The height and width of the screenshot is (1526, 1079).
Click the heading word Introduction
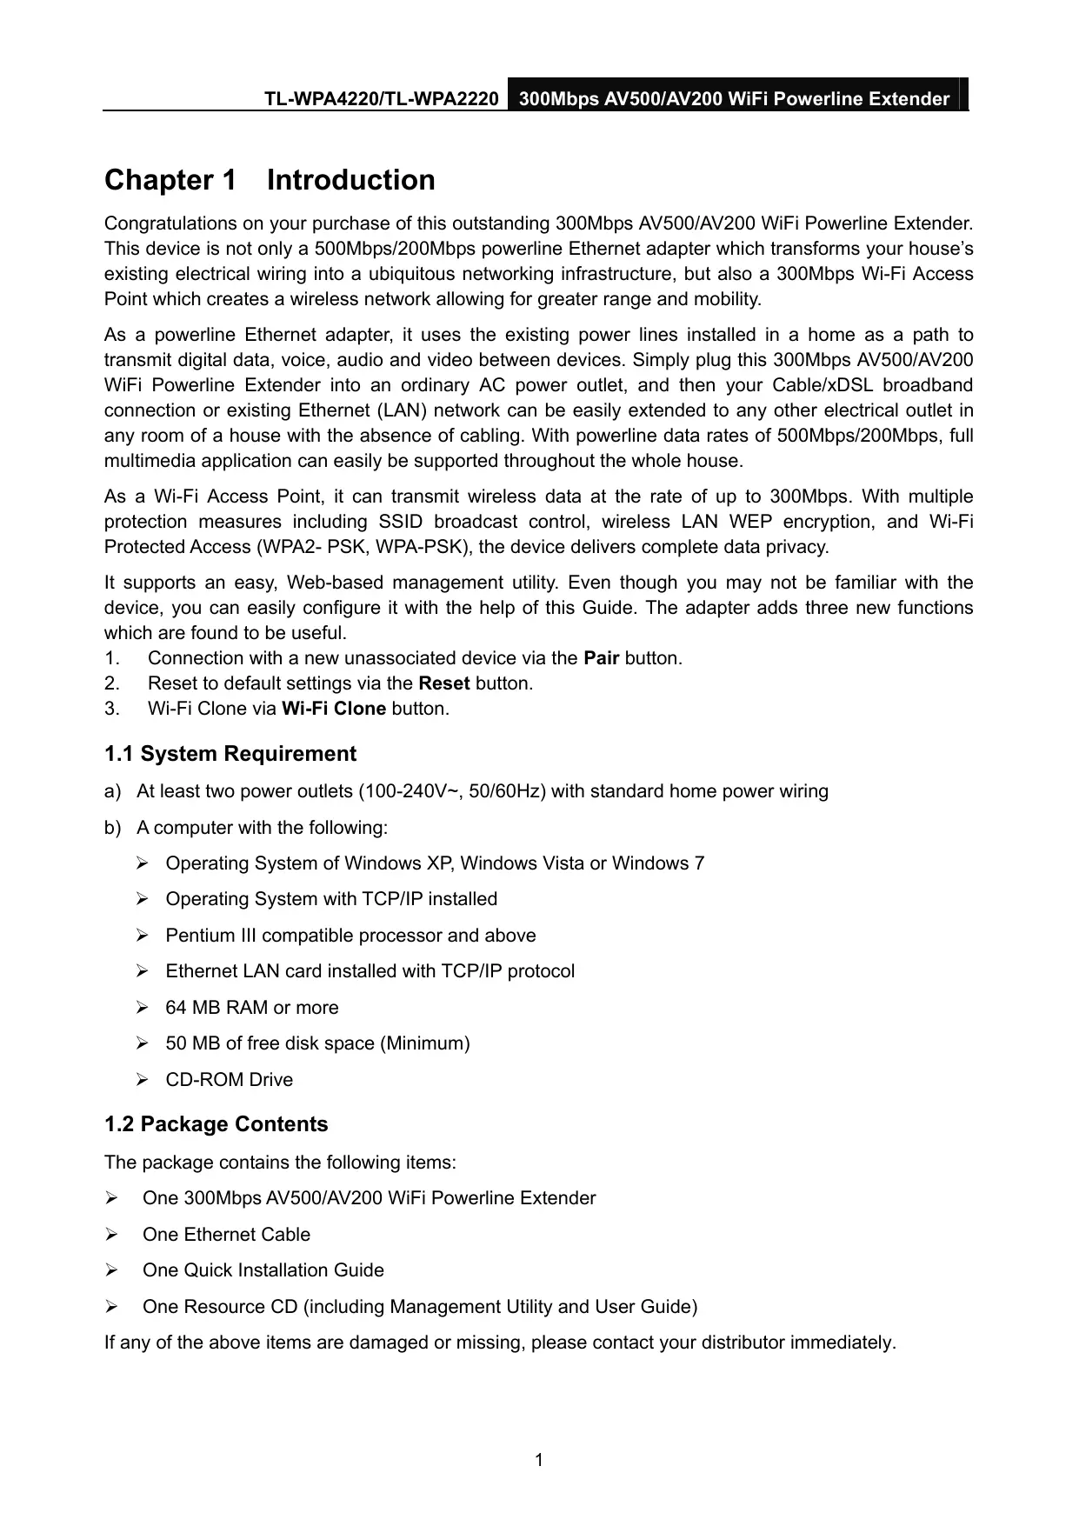tap(350, 180)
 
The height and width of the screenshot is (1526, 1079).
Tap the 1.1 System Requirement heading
tap(230, 754)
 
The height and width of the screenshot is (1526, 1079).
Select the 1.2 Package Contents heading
tap(216, 1124)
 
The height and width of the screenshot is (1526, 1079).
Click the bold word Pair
tap(601, 658)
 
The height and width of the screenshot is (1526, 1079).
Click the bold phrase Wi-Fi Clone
tap(335, 709)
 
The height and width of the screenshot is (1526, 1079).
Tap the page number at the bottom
tap(539, 1459)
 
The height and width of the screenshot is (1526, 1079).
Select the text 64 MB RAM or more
tap(252, 1008)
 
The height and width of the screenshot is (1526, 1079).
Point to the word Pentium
tap(199, 936)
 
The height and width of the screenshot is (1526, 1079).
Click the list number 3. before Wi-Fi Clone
tap(111, 709)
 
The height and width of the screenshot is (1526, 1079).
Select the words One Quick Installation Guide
tap(263, 1270)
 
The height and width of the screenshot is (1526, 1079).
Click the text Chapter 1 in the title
tap(170, 180)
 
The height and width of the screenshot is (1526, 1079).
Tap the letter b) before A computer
tap(111, 828)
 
